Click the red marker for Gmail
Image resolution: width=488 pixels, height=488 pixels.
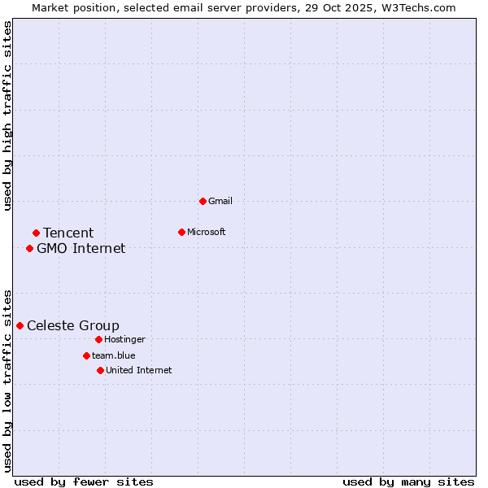coord(203,201)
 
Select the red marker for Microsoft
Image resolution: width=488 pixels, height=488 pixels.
coord(181,232)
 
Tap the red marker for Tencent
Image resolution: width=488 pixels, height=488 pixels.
coord(36,233)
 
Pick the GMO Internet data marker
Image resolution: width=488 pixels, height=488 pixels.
coord(29,248)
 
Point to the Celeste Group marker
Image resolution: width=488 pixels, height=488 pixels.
coord(20,325)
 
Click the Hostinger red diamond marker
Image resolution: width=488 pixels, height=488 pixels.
coord(98,339)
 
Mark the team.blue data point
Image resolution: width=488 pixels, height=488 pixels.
coord(86,355)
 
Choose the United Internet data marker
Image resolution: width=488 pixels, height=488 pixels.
coord(100,370)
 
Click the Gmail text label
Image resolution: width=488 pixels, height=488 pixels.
coord(220,201)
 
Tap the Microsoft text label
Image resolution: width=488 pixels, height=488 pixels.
coord(207,232)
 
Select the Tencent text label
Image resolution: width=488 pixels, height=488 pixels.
coord(68,233)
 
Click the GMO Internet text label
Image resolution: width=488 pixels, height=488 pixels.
coord(81,248)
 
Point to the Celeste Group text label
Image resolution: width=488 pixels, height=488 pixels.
coord(73,325)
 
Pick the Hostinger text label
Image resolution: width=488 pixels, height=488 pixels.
coord(125,339)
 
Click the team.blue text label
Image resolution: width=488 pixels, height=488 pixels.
coord(114,355)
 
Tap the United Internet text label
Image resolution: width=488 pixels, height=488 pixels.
coord(139,370)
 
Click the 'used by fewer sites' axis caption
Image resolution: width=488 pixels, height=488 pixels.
coord(84,481)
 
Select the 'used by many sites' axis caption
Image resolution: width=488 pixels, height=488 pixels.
coord(408,481)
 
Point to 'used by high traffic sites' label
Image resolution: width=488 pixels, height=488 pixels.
coord(8,116)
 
